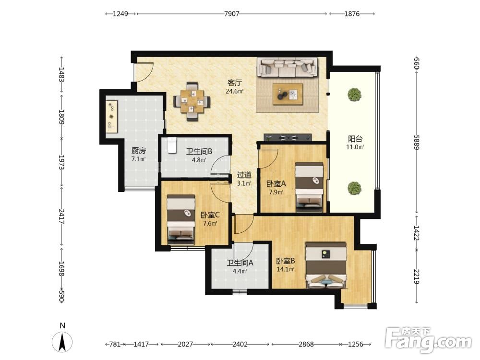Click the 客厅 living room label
pos(235,83)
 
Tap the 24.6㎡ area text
pos(235,91)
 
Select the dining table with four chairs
pos(192,101)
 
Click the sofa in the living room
pos(287,67)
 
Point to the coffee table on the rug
pos(288,94)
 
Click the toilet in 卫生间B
pos(172,145)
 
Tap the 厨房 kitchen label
pos(138,151)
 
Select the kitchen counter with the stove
pos(111,116)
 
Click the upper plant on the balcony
pos(355,94)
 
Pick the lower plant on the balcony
pos(355,188)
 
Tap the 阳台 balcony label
pos(355,139)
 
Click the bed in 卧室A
pos(309,187)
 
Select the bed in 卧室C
pos(181,219)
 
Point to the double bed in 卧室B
pos(326,265)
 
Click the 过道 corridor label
pos(244,175)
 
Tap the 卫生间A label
pos(240,263)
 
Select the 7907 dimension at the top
pos(232,14)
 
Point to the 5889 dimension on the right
pos(417,142)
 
